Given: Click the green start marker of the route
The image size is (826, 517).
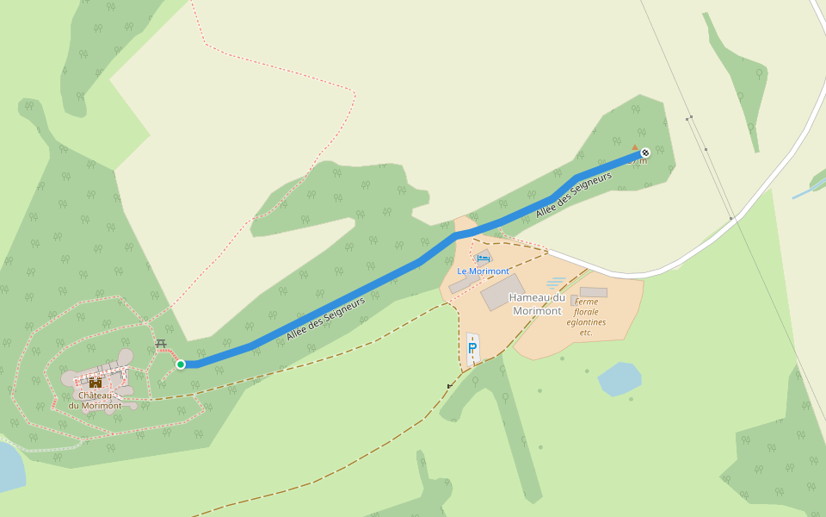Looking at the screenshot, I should pyautogui.click(x=181, y=364).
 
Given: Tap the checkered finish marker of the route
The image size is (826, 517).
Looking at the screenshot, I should pyautogui.click(x=645, y=153).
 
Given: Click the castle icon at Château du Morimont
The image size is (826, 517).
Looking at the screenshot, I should pyautogui.click(x=95, y=382).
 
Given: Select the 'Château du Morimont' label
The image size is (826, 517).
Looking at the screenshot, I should pyautogui.click(x=95, y=401).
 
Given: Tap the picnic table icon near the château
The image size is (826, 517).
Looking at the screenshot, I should pyautogui.click(x=160, y=344).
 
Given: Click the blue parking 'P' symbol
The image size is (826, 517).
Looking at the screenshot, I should pyautogui.click(x=472, y=349).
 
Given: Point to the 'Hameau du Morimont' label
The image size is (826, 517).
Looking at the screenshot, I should pyautogui.click(x=536, y=304).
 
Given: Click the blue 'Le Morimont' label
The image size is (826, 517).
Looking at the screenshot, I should pyautogui.click(x=483, y=271).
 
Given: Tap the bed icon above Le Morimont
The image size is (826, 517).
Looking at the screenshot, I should pyautogui.click(x=484, y=257).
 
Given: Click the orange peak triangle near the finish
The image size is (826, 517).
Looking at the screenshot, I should pyautogui.click(x=635, y=147).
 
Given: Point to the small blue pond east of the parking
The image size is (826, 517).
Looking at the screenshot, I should pyautogui.click(x=619, y=378).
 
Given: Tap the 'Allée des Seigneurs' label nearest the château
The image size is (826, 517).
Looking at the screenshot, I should pyautogui.click(x=326, y=317).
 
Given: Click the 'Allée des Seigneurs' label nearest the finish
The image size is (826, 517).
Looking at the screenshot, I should pyautogui.click(x=573, y=194).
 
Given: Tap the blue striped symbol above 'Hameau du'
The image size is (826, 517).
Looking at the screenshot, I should pyautogui.click(x=556, y=283).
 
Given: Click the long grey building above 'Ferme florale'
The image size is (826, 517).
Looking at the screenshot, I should pyautogui.click(x=594, y=292).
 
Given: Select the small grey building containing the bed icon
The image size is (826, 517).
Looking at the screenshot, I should pyautogui.click(x=485, y=258).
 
